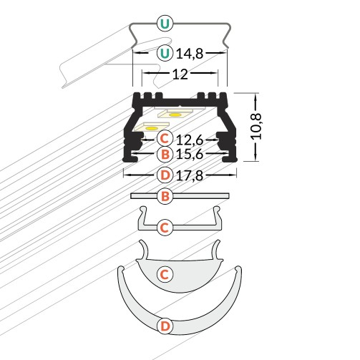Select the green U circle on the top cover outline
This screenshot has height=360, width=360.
pos(165,24)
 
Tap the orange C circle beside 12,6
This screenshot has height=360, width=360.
pos(165,137)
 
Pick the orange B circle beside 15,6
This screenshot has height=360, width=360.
pos(165,154)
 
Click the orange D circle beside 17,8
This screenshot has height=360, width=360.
pos(165,174)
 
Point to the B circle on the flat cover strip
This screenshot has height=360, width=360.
pos(165,195)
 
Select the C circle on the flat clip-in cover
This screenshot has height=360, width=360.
pos(165,228)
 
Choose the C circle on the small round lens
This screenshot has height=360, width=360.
pos(165,273)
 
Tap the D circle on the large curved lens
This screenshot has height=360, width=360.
pos(165,326)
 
